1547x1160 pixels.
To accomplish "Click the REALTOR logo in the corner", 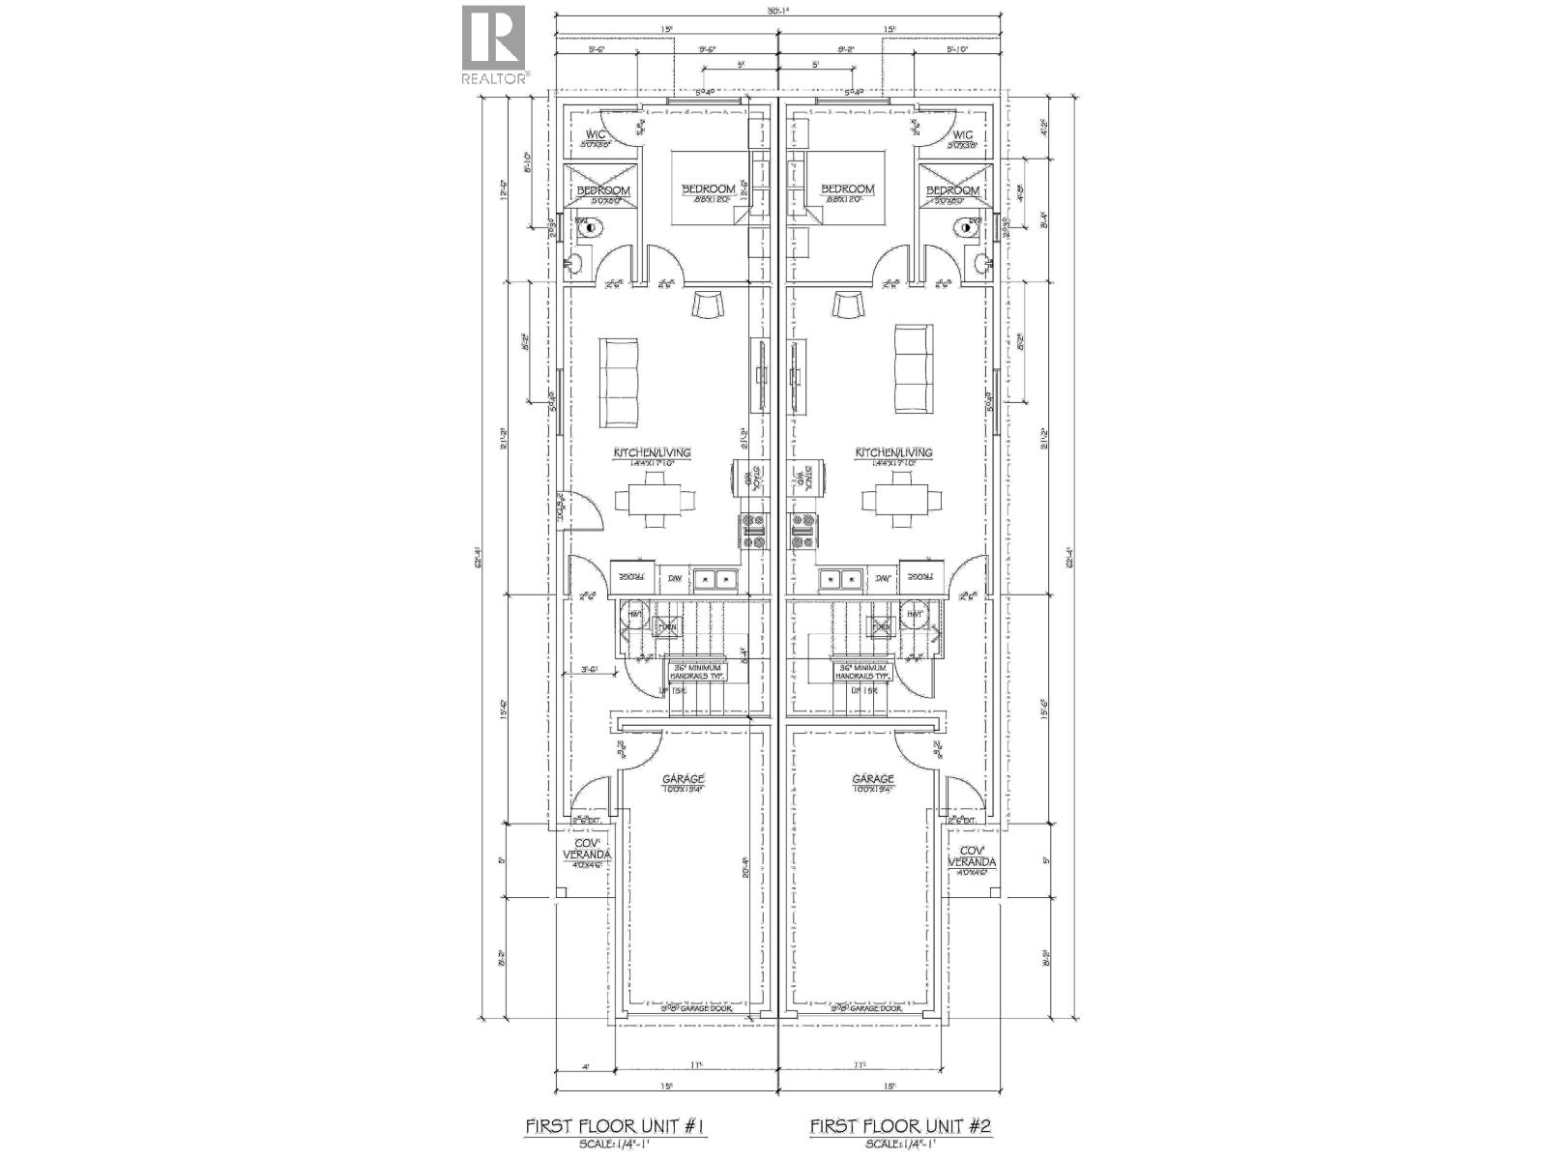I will point(493,43).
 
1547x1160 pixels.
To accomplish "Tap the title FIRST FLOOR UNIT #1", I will point(618,1125).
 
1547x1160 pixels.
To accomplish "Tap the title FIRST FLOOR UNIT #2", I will point(900,1125).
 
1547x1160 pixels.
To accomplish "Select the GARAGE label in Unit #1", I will point(683,779).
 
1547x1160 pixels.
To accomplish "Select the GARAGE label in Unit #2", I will point(872,779).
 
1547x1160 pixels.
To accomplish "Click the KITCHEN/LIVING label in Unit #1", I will point(652,452).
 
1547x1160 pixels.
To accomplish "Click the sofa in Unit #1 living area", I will point(620,383).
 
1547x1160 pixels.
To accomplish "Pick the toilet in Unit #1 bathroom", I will point(588,228).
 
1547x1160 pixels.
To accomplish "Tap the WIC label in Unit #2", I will point(962,135).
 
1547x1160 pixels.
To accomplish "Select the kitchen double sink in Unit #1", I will point(716,579).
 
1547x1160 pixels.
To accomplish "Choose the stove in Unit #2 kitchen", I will point(803,532).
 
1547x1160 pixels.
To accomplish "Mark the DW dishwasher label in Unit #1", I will point(675,579).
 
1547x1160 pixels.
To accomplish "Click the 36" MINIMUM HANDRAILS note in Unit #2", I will point(862,672).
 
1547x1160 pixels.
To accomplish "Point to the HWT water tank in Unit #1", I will point(636,614).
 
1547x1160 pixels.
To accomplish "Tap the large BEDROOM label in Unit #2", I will point(847,189).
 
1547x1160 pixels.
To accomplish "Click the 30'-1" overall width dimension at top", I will point(778,12).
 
